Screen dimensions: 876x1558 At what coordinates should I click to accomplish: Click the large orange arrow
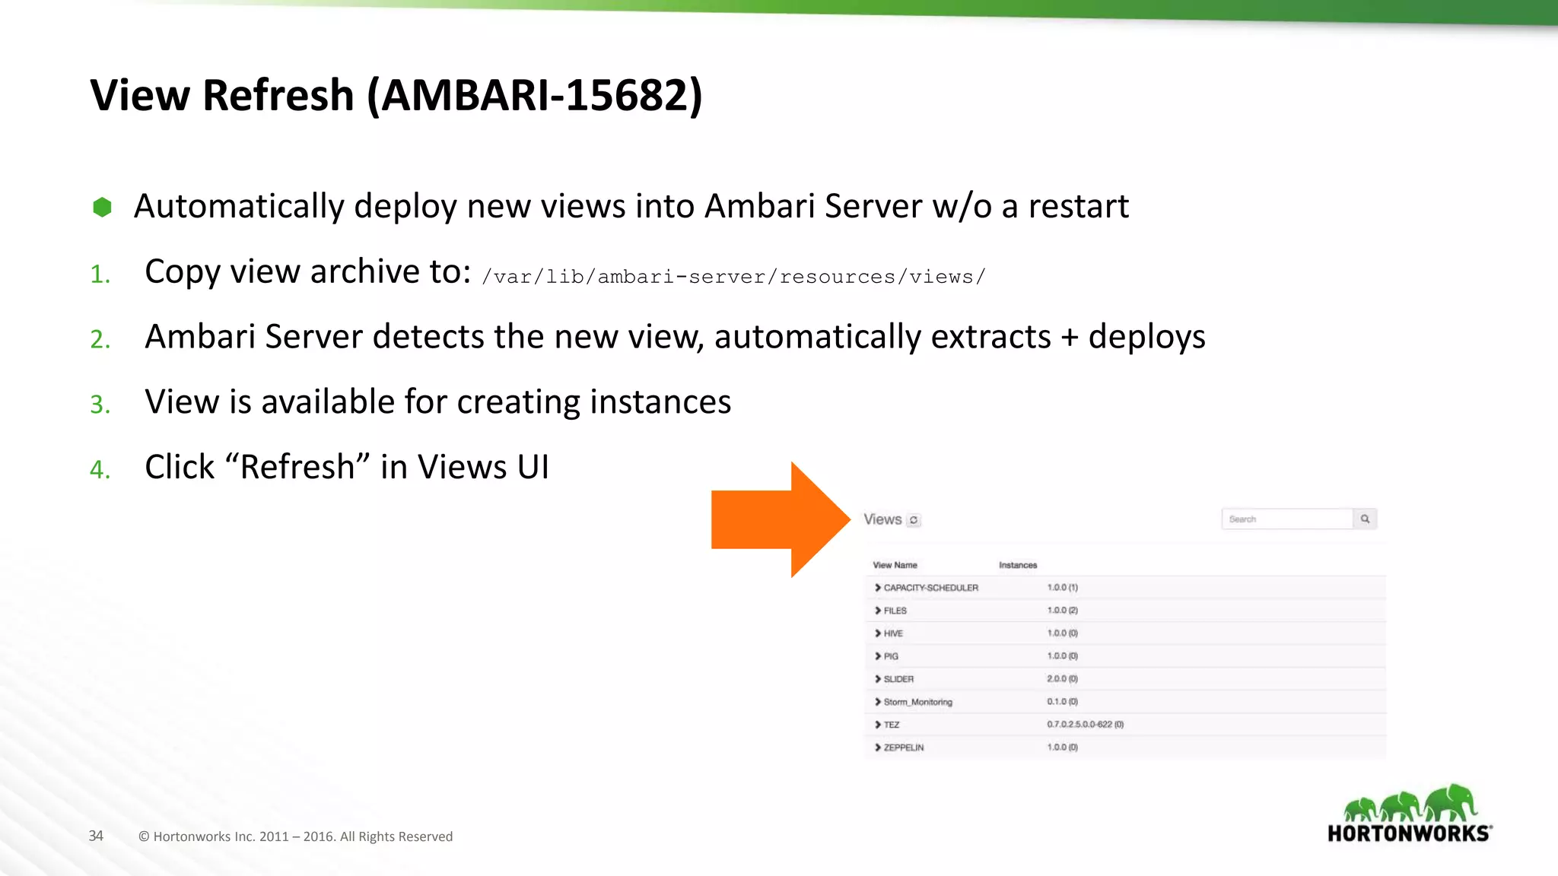(776, 519)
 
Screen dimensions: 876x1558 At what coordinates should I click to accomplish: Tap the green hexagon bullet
(102, 207)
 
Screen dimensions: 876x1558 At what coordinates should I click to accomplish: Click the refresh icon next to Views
(914, 520)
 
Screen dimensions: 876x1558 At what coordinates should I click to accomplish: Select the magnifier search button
(1365, 519)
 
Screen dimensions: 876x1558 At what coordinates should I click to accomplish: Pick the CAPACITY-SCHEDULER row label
(930, 588)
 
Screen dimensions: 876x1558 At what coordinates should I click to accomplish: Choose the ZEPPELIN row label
(904, 747)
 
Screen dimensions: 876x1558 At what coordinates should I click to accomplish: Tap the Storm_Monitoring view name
(917, 702)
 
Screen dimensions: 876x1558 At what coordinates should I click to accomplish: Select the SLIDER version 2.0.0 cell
(1062, 679)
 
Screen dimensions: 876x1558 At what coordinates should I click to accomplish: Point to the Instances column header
(1018, 565)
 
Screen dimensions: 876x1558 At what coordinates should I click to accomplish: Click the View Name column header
(895, 565)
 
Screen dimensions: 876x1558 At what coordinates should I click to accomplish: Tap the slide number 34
(96, 836)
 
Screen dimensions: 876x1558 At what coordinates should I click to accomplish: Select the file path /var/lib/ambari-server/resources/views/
(733, 277)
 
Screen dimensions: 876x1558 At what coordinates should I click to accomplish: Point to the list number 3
(100, 404)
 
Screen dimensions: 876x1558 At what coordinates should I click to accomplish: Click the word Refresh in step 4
(297, 467)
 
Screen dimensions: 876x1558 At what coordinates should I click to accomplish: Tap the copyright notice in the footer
(295, 836)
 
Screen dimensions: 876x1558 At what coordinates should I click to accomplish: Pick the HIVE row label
(893, 633)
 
